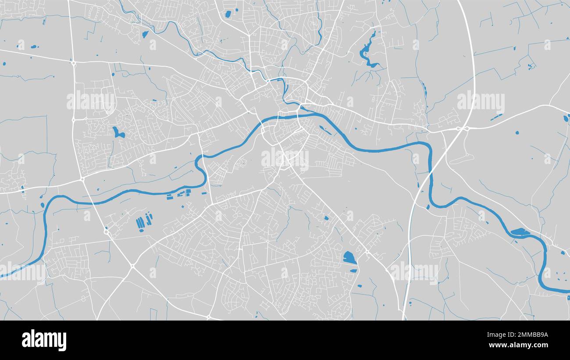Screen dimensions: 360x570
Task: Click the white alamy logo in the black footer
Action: tap(44, 340)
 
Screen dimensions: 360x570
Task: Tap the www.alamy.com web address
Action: tap(516, 345)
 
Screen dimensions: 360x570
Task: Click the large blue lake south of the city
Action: tap(349, 257)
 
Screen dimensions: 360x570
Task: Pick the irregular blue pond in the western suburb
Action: tap(118, 132)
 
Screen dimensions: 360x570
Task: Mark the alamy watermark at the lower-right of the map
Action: tap(414, 271)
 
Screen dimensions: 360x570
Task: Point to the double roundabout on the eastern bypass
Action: tap(462, 128)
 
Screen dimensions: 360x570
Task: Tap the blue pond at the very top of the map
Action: tap(228, 14)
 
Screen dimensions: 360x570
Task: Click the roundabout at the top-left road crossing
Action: tap(74, 63)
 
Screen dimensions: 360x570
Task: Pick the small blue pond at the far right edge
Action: tap(566, 118)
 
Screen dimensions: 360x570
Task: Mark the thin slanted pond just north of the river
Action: tap(325, 130)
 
